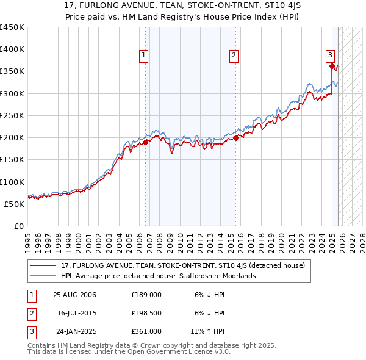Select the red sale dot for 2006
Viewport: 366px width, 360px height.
click(x=146, y=142)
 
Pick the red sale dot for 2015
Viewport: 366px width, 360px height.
click(x=235, y=138)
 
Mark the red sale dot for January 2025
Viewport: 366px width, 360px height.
click(x=332, y=66)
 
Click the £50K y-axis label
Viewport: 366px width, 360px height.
click(x=15, y=204)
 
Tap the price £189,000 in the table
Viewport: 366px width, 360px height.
click(x=146, y=294)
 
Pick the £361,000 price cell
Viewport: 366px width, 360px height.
click(x=146, y=331)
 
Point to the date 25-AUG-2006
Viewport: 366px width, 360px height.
click(x=74, y=294)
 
